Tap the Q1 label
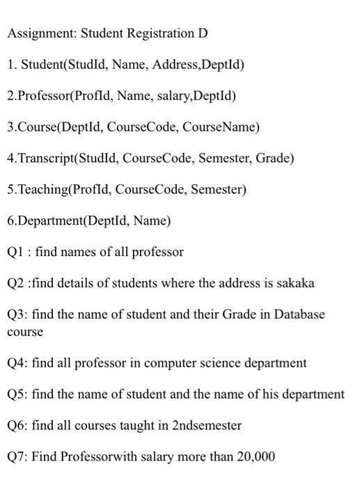(x=15, y=252)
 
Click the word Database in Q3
(x=299, y=314)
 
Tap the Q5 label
(x=15, y=394)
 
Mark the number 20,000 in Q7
(x=255, y=456)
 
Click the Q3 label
(x=15, y=314)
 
